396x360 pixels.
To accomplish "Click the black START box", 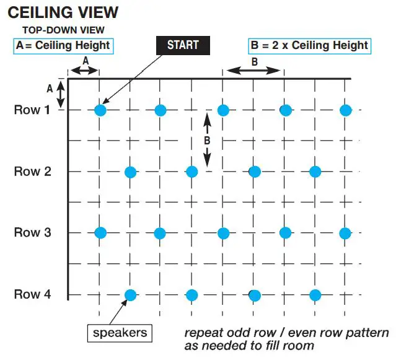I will pyautogui.click(x=183, y=45).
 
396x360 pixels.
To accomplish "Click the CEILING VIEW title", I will pyautogui.click(x=63, y=12).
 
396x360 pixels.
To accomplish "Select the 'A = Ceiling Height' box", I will pyautogui.click(x=63, y=45).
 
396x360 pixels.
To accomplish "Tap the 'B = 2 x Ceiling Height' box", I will pyautogui.click(x=308, y=45).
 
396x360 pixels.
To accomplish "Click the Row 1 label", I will pyautogui.click(x=32, y=110).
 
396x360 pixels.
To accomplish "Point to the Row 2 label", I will pyautogui.click(x=32, y=172).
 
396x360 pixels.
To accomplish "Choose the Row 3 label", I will pyautogui.click(x=32, y=233).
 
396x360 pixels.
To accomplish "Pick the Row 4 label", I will pyautogui.click(x=32, y=294).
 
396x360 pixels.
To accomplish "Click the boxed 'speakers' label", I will pyautogui.click(x=120, y=333).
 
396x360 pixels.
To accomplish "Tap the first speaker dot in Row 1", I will pyautogui.click(x=100, y=111).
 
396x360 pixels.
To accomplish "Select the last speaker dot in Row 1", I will pyautogui.click(x=346, y=111).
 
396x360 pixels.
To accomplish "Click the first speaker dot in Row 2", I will pyautogui.click(x=131, y=172).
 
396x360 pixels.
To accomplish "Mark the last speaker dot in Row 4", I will pyautogui.click(x=315, y=295).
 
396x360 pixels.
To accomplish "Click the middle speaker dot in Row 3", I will pyautogui.click(x=223, y=234).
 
